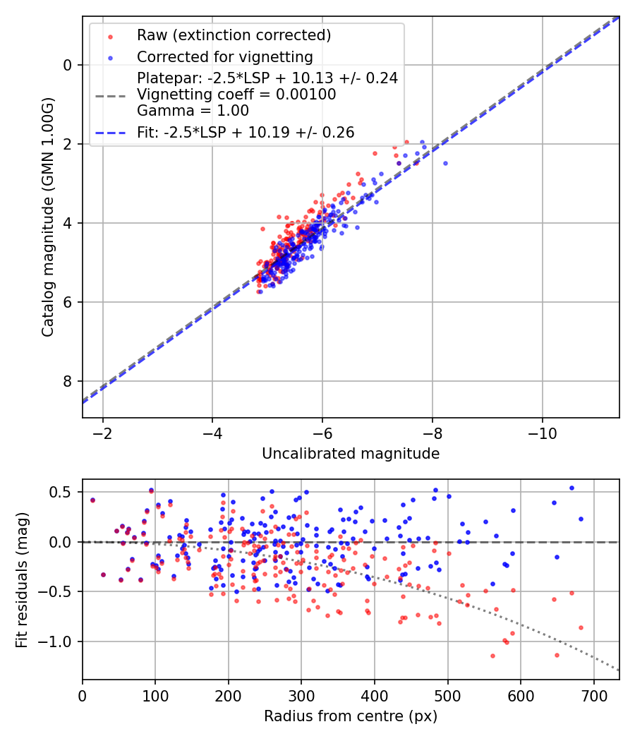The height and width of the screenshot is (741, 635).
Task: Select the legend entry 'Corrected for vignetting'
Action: (x=224, y=56)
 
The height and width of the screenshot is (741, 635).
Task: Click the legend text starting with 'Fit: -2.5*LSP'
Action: (x=246, y=132)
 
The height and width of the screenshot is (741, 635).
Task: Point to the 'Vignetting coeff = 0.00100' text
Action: (x=236, y=95)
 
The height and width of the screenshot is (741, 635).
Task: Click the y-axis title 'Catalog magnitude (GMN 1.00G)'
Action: (x=48, y=217)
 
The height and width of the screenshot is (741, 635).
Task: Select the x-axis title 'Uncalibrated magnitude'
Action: (x=351, y=454)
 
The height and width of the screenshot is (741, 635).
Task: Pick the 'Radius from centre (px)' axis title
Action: (x=351, y=716)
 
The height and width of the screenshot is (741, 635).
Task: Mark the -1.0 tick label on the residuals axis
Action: (x=57, y=641)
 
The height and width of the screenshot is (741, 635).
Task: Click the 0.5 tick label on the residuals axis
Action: (x=61, y=492)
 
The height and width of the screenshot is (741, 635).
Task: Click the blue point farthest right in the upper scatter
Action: (x=445, y=163)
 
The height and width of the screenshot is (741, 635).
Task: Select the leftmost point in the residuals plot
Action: (x=92, y=500)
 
